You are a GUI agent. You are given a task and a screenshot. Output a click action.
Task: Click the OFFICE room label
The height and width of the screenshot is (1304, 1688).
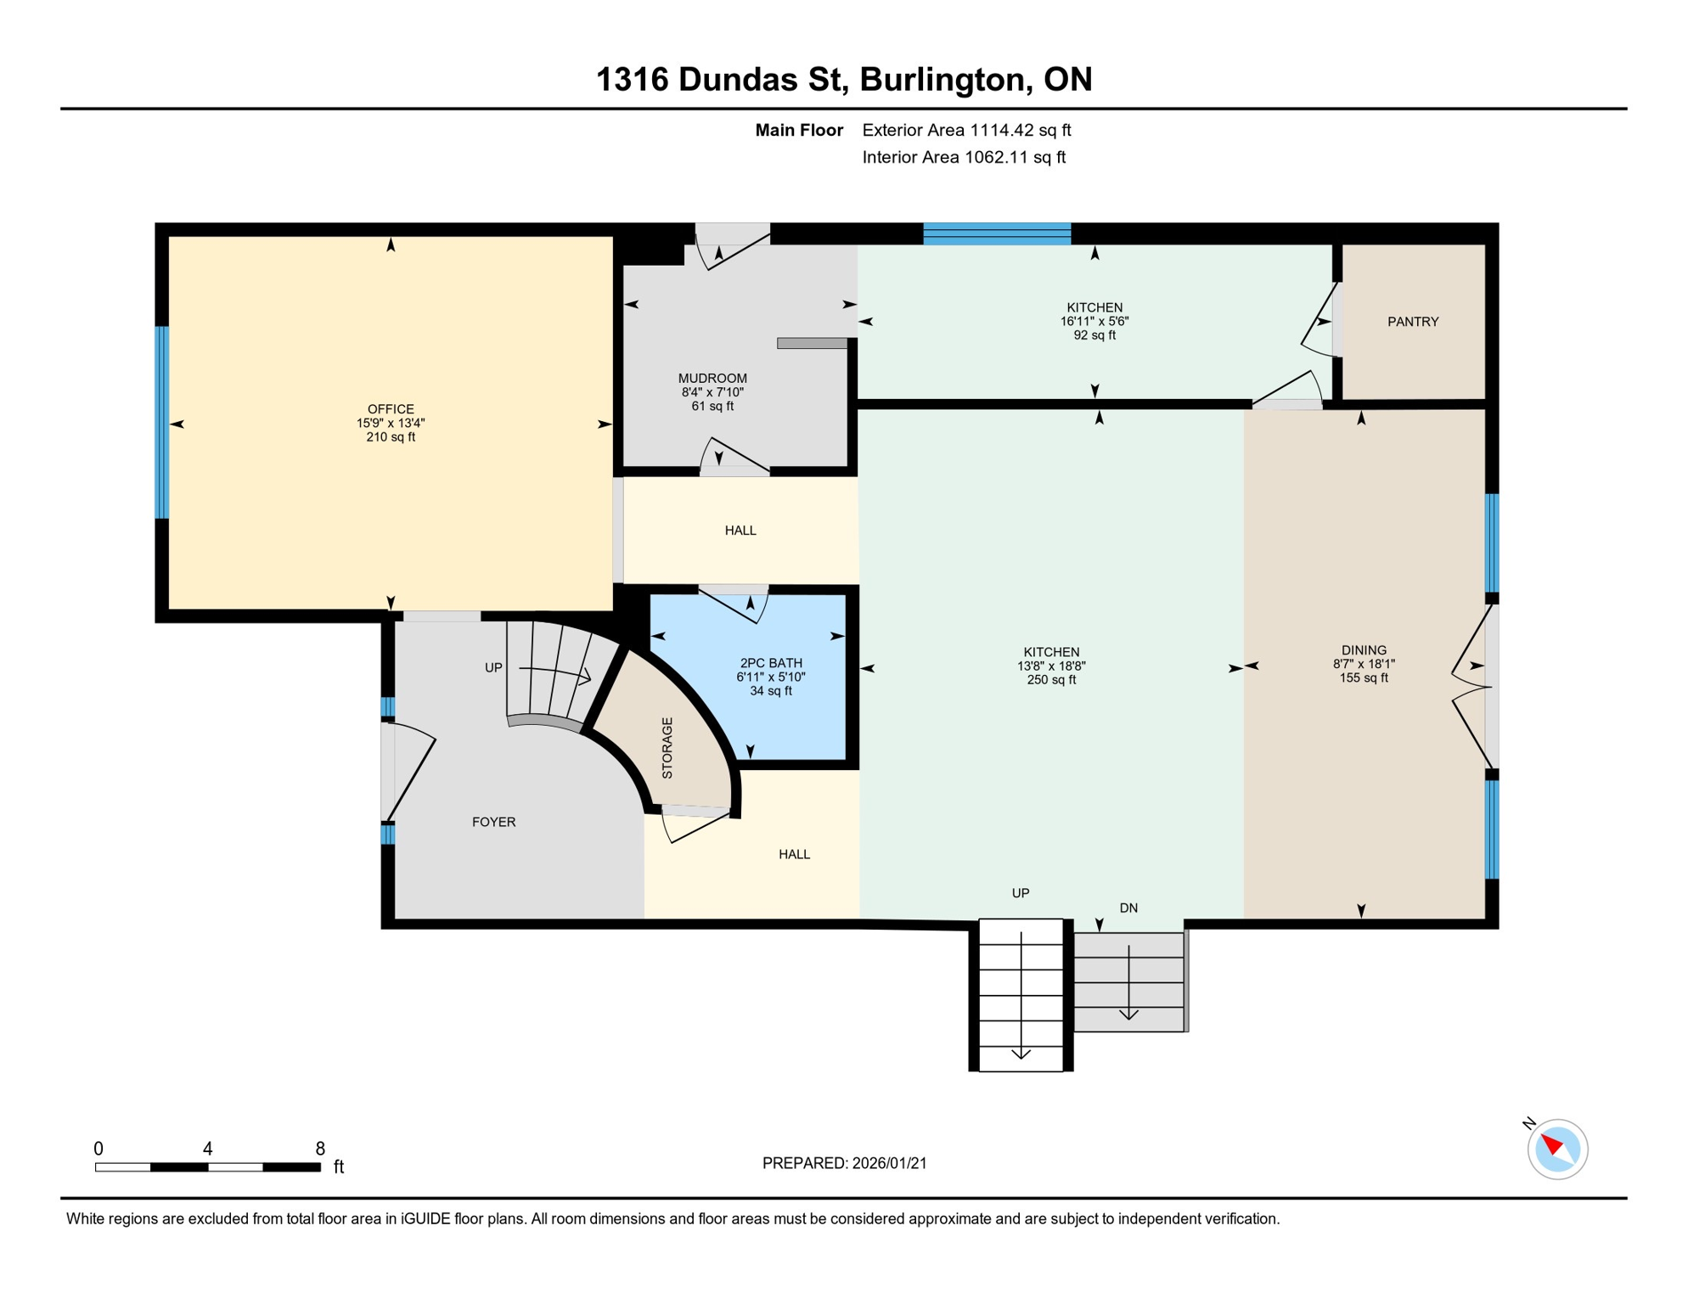point(391,409)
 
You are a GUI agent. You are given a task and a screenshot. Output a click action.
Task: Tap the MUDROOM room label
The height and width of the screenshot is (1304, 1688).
point(712,379)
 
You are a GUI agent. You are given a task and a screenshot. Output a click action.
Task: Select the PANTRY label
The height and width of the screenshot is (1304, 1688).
point(1413,322)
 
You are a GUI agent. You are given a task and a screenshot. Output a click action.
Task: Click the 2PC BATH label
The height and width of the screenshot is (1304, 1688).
point(771,663)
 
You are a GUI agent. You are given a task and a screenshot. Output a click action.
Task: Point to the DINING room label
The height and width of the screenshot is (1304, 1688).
point(1364,650)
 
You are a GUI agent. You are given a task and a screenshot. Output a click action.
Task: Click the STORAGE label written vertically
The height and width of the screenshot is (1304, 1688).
point(667,748)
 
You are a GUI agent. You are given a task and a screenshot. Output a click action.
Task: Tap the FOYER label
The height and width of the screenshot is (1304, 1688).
point(493,822)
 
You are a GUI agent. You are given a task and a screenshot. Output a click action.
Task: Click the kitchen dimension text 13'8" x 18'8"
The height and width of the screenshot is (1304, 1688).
point(1051,666)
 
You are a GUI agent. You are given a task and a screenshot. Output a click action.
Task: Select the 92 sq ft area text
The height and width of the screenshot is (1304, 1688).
point(1094,335)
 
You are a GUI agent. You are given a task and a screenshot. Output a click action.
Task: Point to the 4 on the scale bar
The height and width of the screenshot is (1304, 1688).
point(207,1149)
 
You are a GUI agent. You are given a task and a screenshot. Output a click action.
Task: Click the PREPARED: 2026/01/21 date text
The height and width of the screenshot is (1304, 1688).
point(844,1163)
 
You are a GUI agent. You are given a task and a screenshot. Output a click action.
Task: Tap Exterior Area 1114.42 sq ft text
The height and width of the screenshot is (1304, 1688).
point(966,130)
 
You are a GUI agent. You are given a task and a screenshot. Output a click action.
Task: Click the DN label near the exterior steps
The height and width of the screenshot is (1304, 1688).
point(1128,908)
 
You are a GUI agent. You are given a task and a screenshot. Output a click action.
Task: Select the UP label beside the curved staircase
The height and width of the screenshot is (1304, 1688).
point(493,668)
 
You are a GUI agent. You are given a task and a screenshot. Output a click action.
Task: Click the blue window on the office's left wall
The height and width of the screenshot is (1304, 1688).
point(161,422)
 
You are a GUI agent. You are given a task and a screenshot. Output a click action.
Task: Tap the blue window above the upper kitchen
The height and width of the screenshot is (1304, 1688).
point(997,233)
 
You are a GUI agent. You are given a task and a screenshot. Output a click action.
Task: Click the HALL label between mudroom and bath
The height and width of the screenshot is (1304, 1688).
point(740,531)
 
